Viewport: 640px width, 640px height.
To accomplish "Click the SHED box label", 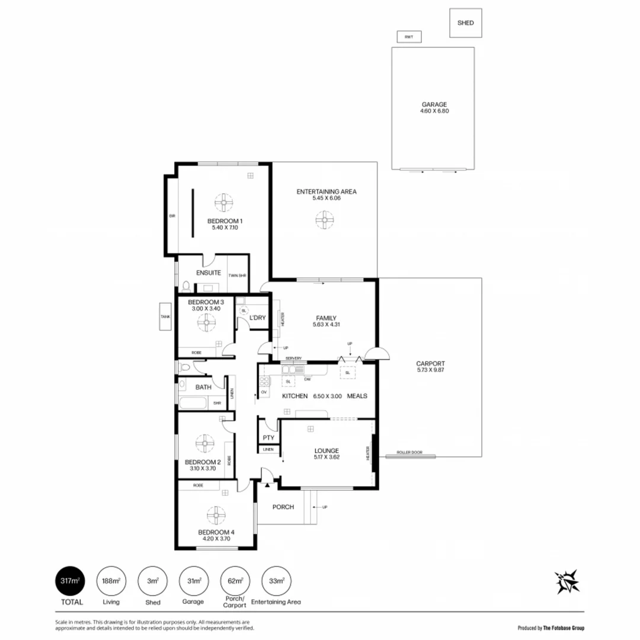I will tap(465, 23).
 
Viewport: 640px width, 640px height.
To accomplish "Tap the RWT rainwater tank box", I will tap(408, 37).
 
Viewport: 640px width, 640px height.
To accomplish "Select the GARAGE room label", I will tap(434, 104).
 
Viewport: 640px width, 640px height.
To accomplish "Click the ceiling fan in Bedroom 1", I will tap(225, 203).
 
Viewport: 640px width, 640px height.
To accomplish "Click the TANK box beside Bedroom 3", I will tap(165, 317).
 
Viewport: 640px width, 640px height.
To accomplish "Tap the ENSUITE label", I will tap(209, 273).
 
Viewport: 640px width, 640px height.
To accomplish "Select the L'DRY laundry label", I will tap(257, 318).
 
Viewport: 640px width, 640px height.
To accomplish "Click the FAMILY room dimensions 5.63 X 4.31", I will tap(326, 325).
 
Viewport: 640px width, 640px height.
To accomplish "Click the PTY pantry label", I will tap(268, 438).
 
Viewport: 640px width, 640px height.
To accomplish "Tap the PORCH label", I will tap(283, 507).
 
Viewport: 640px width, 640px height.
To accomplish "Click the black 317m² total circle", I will tap(70, 581).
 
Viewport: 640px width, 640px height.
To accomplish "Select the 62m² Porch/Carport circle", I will tap(235, 581).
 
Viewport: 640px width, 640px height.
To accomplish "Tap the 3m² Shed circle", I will tap(152, 581).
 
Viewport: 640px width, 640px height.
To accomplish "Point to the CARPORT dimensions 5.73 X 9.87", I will tap(430, 371).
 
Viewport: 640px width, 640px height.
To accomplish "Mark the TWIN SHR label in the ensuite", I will tap(238, 276).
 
